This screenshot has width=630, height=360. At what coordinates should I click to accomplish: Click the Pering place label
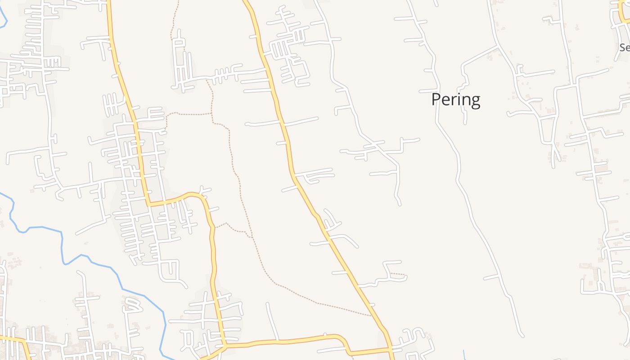[455, 99]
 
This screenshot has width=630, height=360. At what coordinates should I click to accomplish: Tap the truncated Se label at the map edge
[624, 47]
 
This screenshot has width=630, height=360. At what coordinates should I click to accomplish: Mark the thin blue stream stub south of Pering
[464, 355]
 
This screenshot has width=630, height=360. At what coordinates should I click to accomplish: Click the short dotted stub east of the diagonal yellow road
[398, 274]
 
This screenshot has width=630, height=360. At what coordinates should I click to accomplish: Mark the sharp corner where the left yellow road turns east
[149, 204]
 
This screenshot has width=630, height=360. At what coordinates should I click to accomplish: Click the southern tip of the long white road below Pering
[522, 335]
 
